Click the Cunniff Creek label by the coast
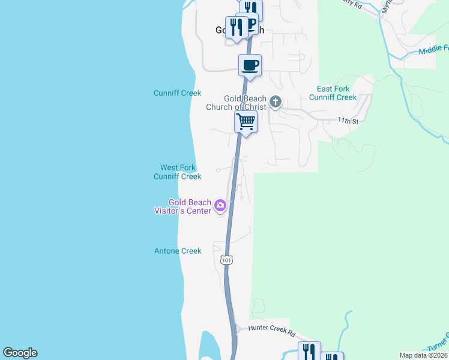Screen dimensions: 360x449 pos(177,94)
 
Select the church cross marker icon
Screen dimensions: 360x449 pos(276,101)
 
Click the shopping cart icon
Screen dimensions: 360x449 pos(246,122)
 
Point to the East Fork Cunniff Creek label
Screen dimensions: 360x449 pos(333,93)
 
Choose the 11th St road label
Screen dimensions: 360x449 pos(348,121)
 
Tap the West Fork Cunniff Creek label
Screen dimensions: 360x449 pos(177,172)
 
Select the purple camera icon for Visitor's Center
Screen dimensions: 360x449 pos(220,206)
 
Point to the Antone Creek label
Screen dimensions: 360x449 pos(178,251)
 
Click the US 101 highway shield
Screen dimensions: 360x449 pos(226,260)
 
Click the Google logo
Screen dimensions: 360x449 pos(20,353)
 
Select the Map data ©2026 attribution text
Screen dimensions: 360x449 pos(423,355)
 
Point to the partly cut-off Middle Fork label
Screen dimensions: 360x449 pos(433,50)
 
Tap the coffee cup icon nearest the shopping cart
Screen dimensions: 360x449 pos(250,65)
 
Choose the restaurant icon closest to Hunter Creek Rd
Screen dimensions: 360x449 pos(309,352)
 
